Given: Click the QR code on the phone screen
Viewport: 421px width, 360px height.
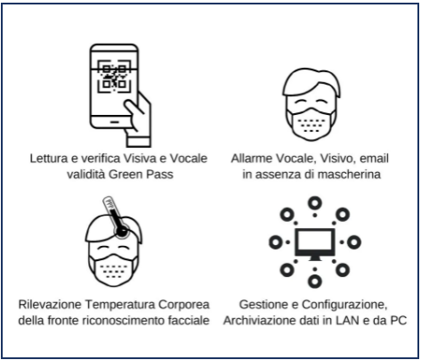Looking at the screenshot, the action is [x=114, y=77].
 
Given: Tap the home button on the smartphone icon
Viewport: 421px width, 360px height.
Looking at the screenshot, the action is [x=115, y=122].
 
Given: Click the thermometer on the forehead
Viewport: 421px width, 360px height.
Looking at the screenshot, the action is [x=117, y=217].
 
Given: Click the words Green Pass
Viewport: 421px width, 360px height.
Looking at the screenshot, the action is [x=141, y=174].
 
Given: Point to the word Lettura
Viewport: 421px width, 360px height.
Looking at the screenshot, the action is [x=49, y=159].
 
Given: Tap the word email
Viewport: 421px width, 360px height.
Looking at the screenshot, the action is [x=374, y=159].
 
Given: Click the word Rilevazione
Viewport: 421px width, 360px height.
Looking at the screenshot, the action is [x=50, y=305].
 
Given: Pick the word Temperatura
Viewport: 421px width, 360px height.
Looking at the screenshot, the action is [x=120, y=305].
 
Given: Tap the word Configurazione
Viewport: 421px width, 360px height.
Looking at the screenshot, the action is [x=344, y=305].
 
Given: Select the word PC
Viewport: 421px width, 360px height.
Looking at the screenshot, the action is [x=398, y=321].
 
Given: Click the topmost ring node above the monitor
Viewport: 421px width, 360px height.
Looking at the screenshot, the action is [x=315, y=203].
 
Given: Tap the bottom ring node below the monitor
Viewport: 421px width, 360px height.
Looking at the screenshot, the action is [x=315, y=281].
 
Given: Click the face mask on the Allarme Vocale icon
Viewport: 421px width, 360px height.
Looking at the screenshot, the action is [x=312, y=123].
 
